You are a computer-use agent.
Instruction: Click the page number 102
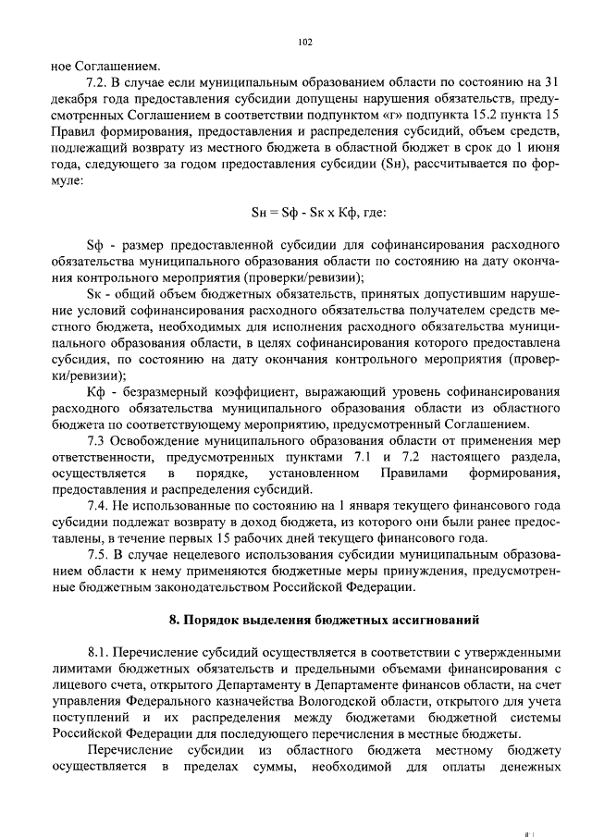pos(306,42)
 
